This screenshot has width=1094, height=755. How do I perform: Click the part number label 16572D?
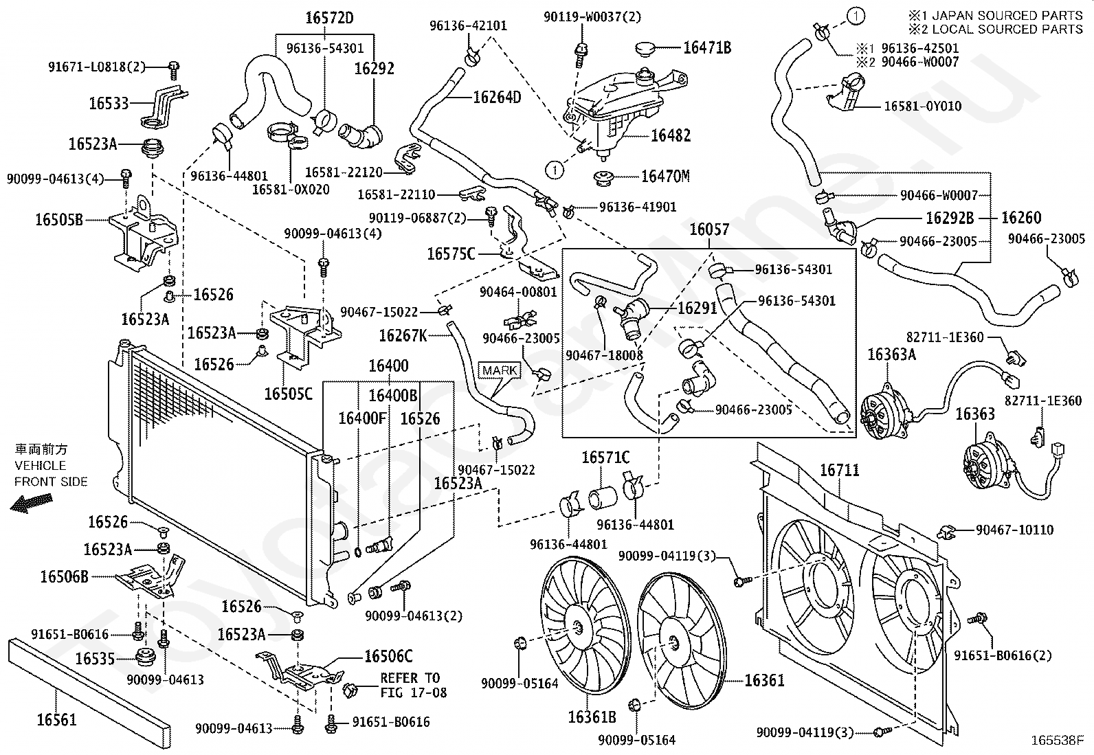pos(329,18)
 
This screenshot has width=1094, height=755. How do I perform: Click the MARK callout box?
pos(499,371)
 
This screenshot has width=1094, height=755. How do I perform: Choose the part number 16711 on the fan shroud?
pos(840,471)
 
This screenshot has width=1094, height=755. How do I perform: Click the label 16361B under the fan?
pos(592,717)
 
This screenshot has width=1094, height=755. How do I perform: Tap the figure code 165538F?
pos(1058,741)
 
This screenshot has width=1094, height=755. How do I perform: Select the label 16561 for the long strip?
pos(56,719)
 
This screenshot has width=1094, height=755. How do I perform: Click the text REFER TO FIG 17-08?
pos(413,685)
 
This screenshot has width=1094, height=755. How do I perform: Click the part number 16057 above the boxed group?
pos(709,229)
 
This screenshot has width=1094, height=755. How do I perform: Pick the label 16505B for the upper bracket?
pos(59,220)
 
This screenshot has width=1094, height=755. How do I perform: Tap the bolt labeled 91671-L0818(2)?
pos(173,70)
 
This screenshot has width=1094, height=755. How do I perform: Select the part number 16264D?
pos(498,97)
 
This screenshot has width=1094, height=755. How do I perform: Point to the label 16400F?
pos(362,418)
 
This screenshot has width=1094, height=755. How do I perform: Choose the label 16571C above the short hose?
pos(605,458)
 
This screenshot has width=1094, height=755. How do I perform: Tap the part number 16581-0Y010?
pos(923,106)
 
